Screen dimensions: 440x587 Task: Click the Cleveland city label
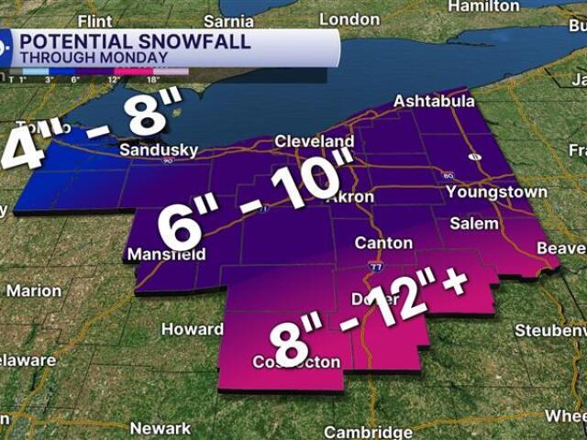pyautogui.click(x=315, y=142)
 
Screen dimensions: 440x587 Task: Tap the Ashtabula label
pyautogui.click(x=429, y=101)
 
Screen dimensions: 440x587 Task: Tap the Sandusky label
pyautogui.click(x=158, y=149)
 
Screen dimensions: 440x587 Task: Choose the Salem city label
pyautogui.click(x=474, y=224)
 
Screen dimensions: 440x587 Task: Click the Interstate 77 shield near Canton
pyautogui.click(x=377, y=267)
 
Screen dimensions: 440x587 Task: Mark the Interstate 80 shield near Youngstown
pyautogui.click(x=448, y=175)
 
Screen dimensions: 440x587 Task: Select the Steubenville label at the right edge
pyautogui.click(x=550, y=329)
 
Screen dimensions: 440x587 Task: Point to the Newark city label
pyautogui.click(x=160, y=428)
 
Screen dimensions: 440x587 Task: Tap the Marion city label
pyautogui.click(x=34, y=291)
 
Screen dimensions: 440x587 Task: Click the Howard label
pyautogui.click(x=192, y=329)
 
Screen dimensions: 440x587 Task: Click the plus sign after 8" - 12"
pyautogui.click(x=452, y=284)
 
